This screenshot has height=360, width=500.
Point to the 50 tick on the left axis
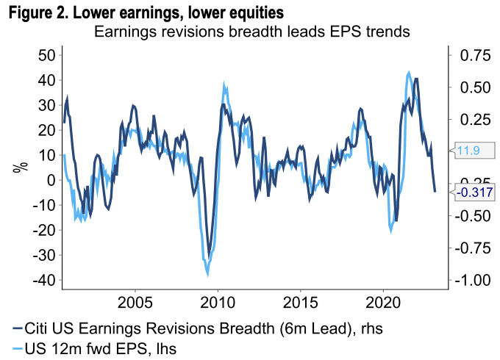pos(46,55)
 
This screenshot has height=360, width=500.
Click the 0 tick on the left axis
pos(51,180)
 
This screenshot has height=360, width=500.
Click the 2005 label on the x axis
pos(135,303)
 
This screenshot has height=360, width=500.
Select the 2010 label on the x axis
pos(218,303)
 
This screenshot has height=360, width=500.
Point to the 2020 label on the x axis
pos(383,303)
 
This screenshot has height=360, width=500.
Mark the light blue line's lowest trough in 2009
pos(207,275)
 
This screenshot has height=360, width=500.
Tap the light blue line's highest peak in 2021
pos(409,72)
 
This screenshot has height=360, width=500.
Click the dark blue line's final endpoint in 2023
pos(435,192)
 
